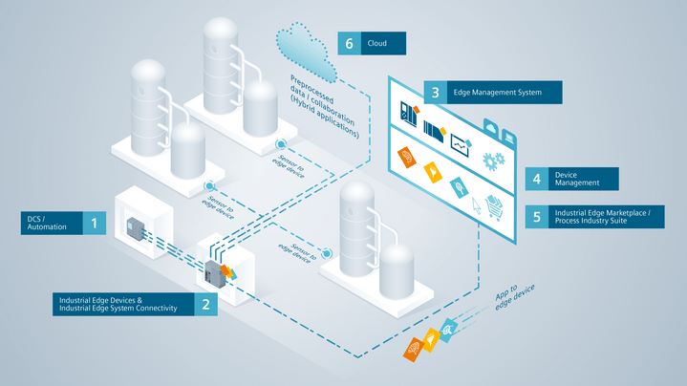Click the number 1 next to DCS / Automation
pos(94,224)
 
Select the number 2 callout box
pos(205,303)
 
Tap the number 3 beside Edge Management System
pos(436,93)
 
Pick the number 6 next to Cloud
pos(350,43)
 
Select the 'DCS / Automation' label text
pos(42,224)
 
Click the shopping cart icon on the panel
pos(495,206)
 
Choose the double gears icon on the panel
pos(493,159)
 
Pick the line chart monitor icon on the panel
pos(462,142)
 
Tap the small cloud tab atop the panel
pos(489,124)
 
